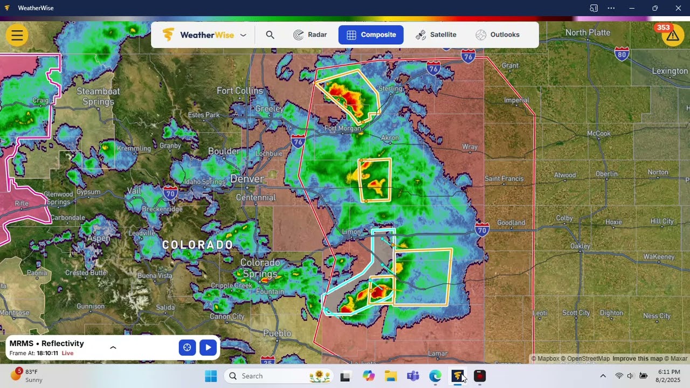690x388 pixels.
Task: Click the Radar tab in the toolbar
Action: tap(310, 34)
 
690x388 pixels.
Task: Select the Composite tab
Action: tap(371, 34)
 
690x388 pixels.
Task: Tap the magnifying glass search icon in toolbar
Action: tap(270, 34)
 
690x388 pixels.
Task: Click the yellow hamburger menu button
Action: tap(17, 36)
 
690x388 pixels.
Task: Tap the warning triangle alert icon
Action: tap(672, 36)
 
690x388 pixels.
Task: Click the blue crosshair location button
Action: tap(187, 348)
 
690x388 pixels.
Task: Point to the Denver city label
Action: tap(247, 179)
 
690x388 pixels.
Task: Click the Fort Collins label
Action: tap(239, 91)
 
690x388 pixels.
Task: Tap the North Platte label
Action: tap(588, 32)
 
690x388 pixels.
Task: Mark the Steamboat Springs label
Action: tap(98, 96)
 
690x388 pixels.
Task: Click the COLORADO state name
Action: tap(197, 245)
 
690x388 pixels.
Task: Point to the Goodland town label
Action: tap(510, 223)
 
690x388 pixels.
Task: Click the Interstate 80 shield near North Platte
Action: tap(622, 53)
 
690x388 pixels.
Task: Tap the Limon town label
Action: tap(351, 232)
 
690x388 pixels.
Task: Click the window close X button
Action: tap(678, 8)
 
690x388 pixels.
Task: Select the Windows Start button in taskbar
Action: tap(211, 376)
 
